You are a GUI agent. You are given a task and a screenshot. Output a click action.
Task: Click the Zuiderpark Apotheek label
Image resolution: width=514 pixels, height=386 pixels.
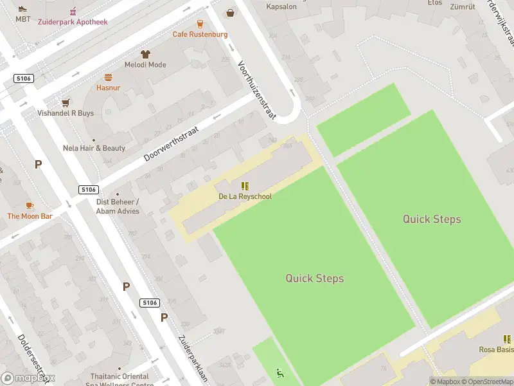pyautogui.click(x=73, y=22)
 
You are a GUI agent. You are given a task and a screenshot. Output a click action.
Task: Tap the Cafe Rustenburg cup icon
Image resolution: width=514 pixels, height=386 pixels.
pyautogui.click(x=200, y=23)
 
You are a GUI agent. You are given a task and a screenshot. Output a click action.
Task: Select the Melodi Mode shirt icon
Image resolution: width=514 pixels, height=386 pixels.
pyautogui.click(x=145, y=54)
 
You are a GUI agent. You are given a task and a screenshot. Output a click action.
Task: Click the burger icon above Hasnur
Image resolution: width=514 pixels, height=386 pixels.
pyautogui.click(x=109, y=76)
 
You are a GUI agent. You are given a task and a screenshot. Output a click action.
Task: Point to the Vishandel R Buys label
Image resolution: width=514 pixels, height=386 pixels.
pyautogui.click(x=66, y=113)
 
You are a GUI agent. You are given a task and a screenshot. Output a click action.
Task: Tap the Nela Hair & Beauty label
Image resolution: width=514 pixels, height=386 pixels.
pyautogui.click(x=94, y=148)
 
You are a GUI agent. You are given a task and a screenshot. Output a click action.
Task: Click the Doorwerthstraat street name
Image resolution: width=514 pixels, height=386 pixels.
pyautogui.click(x=172, y=143)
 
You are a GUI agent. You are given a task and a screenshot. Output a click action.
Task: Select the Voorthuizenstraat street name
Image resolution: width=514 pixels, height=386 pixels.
pyautogui.click(x=256, y=91)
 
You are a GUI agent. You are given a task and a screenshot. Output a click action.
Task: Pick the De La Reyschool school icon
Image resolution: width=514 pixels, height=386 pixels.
pyautogui.click(x=245, y=185)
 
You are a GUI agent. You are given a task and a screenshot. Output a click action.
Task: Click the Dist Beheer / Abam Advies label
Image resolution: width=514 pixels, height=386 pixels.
pyautogui.click(x=118, y=206)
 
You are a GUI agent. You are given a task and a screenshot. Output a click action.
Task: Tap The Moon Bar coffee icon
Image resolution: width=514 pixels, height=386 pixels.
pyautogui.click(x=30, y=205)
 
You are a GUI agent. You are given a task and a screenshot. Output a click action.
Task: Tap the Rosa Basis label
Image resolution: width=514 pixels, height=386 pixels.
pyautogui.click(x=496, y=349)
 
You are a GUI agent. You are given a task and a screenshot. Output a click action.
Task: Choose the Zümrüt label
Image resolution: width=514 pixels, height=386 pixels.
pyautogui.click(x=462, y=7)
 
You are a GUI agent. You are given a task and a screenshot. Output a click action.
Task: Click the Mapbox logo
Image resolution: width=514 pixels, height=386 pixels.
pyautogui.click(x=28, y=378)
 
